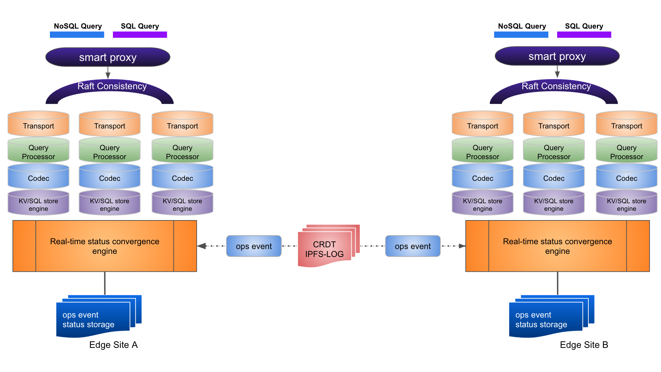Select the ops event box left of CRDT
coord(254,246)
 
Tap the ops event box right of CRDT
coord(413,246)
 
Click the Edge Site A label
coord(113,345)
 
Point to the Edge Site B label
coord(584,345)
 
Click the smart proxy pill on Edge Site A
coord(108,57)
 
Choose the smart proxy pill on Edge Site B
coord(557,56)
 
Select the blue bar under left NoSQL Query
coord(77,35)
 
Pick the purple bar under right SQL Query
coord(584,35)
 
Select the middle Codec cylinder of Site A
coord(109,177)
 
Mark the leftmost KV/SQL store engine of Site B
coord(483,204)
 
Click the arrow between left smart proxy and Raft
coord(108,73)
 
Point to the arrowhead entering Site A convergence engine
coord(202,246)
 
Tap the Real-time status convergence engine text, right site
coord(557,246)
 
